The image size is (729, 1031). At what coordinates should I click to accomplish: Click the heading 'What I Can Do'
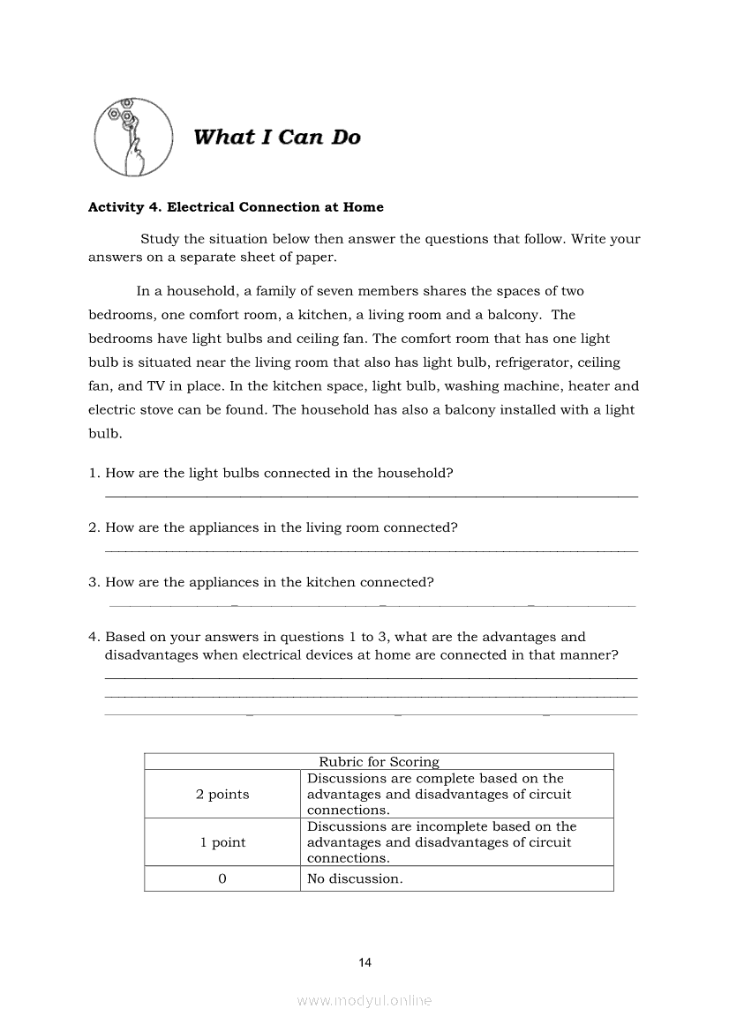[x=276, y=138]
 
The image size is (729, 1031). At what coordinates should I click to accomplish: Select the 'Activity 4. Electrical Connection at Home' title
[x=236, y=207]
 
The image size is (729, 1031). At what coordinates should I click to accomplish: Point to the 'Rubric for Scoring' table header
[x=379, y=762]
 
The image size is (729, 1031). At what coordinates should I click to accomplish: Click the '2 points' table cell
[x=222, y=795]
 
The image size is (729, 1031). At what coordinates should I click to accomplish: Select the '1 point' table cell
[x=222, y=842]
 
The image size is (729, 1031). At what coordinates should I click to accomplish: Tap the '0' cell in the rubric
[x=222, y=878]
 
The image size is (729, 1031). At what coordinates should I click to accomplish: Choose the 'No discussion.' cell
[x=355, y=878]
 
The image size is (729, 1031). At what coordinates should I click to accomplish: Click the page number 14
[x=365, y=962]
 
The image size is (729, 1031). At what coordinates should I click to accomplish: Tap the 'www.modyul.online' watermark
[x=364, y=1001]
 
